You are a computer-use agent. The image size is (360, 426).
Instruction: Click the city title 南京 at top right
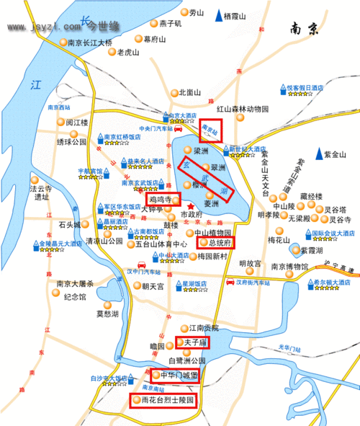tap(304, 30)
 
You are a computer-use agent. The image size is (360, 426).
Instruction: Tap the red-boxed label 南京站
tap(211, 130)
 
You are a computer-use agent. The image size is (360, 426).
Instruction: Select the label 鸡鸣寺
tap(159, 198)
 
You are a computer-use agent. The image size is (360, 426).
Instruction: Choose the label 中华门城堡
tap(176, 376)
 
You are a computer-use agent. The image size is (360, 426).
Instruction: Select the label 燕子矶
tap(170, 23)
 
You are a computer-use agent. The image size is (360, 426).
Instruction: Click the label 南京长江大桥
tap(90, 43)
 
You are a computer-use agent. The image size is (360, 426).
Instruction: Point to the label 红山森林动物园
tap(242, 109)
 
